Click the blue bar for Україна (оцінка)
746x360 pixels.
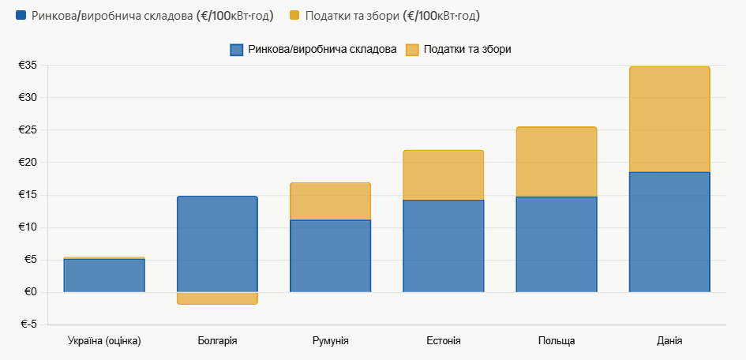tap(104, 276)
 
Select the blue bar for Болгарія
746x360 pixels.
tap(217, 244)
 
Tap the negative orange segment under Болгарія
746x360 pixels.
tap(217, 298)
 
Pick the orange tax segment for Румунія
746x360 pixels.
tap(330, 201)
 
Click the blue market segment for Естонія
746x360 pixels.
tap(443, 246)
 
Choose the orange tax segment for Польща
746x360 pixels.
tap(556, 162)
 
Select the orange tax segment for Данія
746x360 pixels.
tap(669, 119)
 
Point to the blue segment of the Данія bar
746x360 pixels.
tap(669, 232)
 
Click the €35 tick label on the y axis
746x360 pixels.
tap(28, 66)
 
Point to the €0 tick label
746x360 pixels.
tap(31, 292)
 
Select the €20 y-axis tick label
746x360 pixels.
tap(28, 163)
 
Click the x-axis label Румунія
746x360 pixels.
tap(330, 341)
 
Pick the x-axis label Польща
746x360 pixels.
tap(556, 341)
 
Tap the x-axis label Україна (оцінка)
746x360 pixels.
tap(104, 341)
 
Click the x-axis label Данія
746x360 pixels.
tap(669, 341)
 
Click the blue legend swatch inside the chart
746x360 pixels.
tap(236, 50)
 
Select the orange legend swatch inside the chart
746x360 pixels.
tap(412, 50)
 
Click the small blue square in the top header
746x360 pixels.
tap(21, 16)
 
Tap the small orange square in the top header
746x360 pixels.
tap(294, 16)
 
